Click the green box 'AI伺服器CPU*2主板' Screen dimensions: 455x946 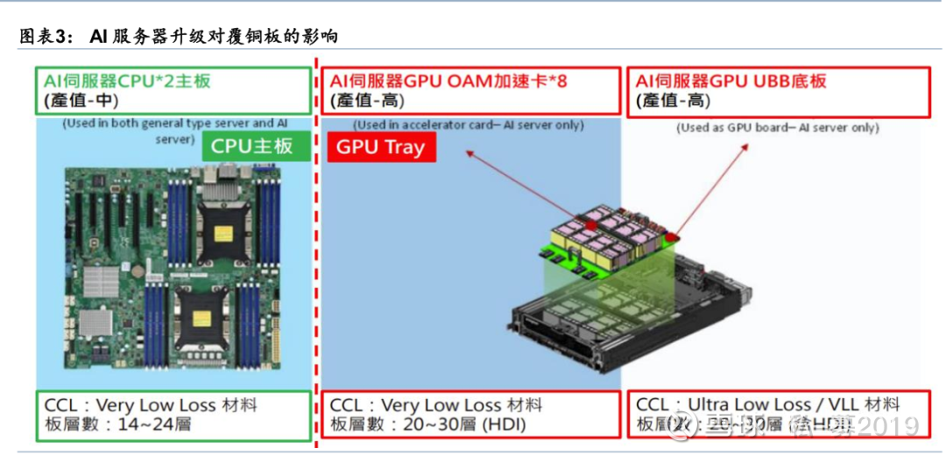[x=173, y=90]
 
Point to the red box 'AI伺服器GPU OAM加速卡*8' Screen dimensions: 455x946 [x=471, y=91]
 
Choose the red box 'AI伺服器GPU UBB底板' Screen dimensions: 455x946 [x=779, y=91]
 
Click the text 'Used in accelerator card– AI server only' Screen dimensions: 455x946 [x=469, y=125]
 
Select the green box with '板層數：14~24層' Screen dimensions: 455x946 [x=173, y=416]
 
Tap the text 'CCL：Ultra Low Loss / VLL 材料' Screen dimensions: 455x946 [x=767, y=404]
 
